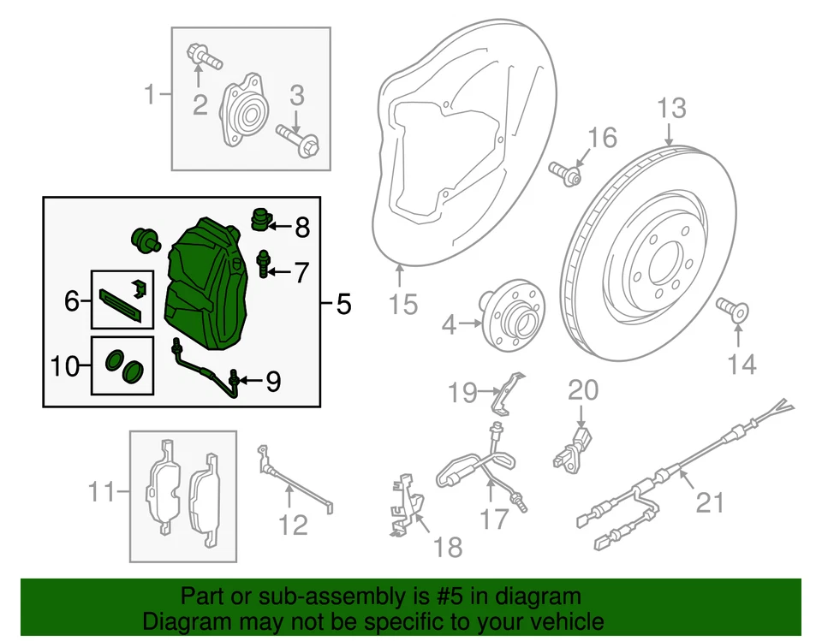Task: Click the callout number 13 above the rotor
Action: click(672, 109)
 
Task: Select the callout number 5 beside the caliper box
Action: click(342, 303)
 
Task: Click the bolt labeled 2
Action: click(201, 59)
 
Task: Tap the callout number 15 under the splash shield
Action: click(402, 303)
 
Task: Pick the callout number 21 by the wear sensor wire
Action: click(709, 502)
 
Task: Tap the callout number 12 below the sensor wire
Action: click(294, 523)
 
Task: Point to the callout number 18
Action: click(448, 545)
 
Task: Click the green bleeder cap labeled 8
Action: click(259, 220)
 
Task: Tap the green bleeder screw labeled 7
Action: click(264, 262)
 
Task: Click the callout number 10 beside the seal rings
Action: click(65, 366)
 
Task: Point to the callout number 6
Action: click(71, 300)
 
